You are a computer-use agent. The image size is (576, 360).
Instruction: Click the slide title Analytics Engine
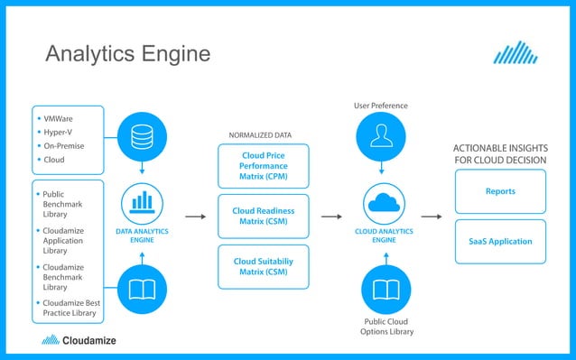pos(127,54)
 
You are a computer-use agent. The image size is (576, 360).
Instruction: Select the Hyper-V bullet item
pos(56,131)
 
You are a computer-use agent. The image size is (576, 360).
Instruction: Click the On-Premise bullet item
pos(61,145)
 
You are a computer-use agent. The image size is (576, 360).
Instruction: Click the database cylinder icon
pos(142,136)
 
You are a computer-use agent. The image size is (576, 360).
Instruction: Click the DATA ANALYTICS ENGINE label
pos(142,236)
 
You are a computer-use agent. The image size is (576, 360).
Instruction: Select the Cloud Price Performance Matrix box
pos(263,166)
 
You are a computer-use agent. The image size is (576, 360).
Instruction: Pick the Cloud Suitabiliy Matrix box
pos(263,267)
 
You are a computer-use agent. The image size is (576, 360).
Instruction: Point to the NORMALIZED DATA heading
pos(260,135)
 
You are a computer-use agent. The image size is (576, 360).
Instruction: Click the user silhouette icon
pos(383,136)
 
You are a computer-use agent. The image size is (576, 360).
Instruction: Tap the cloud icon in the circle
pos(384,202)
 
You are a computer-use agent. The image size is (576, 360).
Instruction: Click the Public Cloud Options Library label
pos(386,326)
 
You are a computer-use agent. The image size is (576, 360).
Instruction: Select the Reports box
pos(499,191)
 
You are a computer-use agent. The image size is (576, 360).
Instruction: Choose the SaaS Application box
pos(499,241)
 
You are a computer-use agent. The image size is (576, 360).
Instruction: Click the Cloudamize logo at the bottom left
pos(79,341)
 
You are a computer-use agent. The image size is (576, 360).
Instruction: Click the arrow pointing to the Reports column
pos(432,217)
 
